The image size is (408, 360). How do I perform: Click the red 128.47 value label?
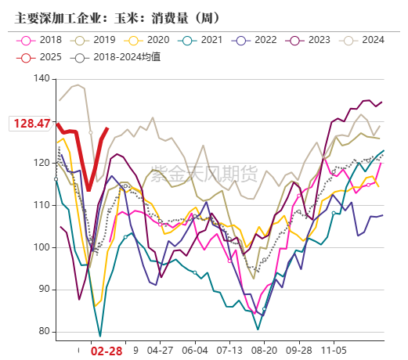coord(31,124)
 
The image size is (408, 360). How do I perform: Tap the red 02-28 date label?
coord(106,352)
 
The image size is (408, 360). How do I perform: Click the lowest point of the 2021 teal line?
coord(100,336)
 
